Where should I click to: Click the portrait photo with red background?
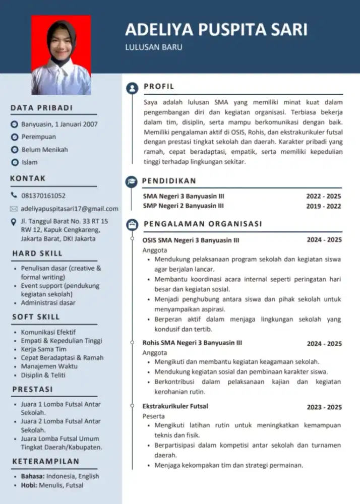(x=61, y=55)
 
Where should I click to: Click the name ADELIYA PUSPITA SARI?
(x=216, y=30)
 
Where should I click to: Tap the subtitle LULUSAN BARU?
(x=154, y=48)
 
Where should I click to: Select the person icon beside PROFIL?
(x=132, y=88)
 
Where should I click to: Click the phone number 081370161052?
(x=43, y=196)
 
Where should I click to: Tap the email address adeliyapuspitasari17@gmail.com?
(x=70, y=209)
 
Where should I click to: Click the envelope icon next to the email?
(x=14, y=209)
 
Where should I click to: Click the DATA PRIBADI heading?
(x=41, y=108)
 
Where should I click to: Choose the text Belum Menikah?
(x=44, y=150)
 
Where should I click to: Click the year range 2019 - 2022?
(x=323, y=206)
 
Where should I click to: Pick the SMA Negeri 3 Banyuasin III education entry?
(x=184, y=196)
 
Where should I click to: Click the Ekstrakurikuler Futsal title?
(x=175, y=406)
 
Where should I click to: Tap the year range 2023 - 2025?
(x=324, y=407)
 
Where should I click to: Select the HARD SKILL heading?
(x=37, y=254)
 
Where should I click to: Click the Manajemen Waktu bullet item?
(x=46, y=366)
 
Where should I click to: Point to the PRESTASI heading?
(x=32, y=390)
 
